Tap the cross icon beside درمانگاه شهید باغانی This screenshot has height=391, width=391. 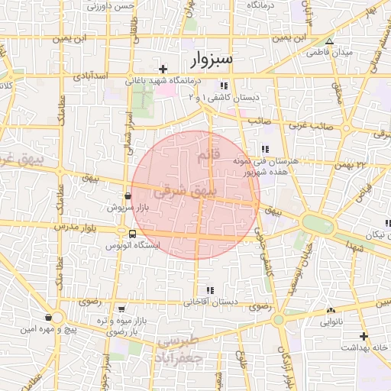coord(163,69)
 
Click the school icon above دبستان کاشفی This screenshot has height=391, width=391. coord(224,86)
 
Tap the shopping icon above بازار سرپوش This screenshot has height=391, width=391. coord(127,196)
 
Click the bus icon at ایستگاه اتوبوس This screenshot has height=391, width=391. coord(133,234)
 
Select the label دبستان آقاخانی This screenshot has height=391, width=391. coord(209,302)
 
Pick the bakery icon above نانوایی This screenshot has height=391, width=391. coord(331,311)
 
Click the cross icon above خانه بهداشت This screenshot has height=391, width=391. coord(364,336)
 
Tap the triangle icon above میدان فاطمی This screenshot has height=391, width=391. coord(329,43)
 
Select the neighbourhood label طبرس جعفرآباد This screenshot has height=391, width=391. coord(177,349)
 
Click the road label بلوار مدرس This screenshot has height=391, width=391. coord(74,228)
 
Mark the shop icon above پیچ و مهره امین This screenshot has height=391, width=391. coord(49,318)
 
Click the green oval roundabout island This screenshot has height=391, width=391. coord(317,223)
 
